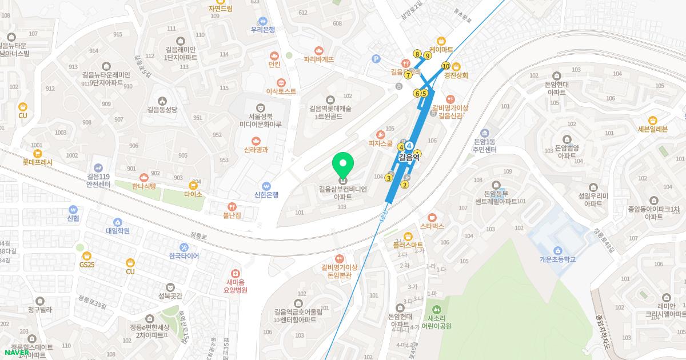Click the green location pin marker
343,165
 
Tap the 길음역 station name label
409,157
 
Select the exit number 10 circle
446,66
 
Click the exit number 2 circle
405,184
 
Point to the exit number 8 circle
417,54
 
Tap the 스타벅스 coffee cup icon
432,217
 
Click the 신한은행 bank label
266,195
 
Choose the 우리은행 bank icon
263,21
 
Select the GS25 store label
87,265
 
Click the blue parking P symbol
376,58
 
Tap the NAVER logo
17,353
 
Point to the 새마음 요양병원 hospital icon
236,274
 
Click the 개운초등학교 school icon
557,250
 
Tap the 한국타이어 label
184,256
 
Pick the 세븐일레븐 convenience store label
652,129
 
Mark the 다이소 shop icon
193,185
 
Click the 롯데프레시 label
38,162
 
